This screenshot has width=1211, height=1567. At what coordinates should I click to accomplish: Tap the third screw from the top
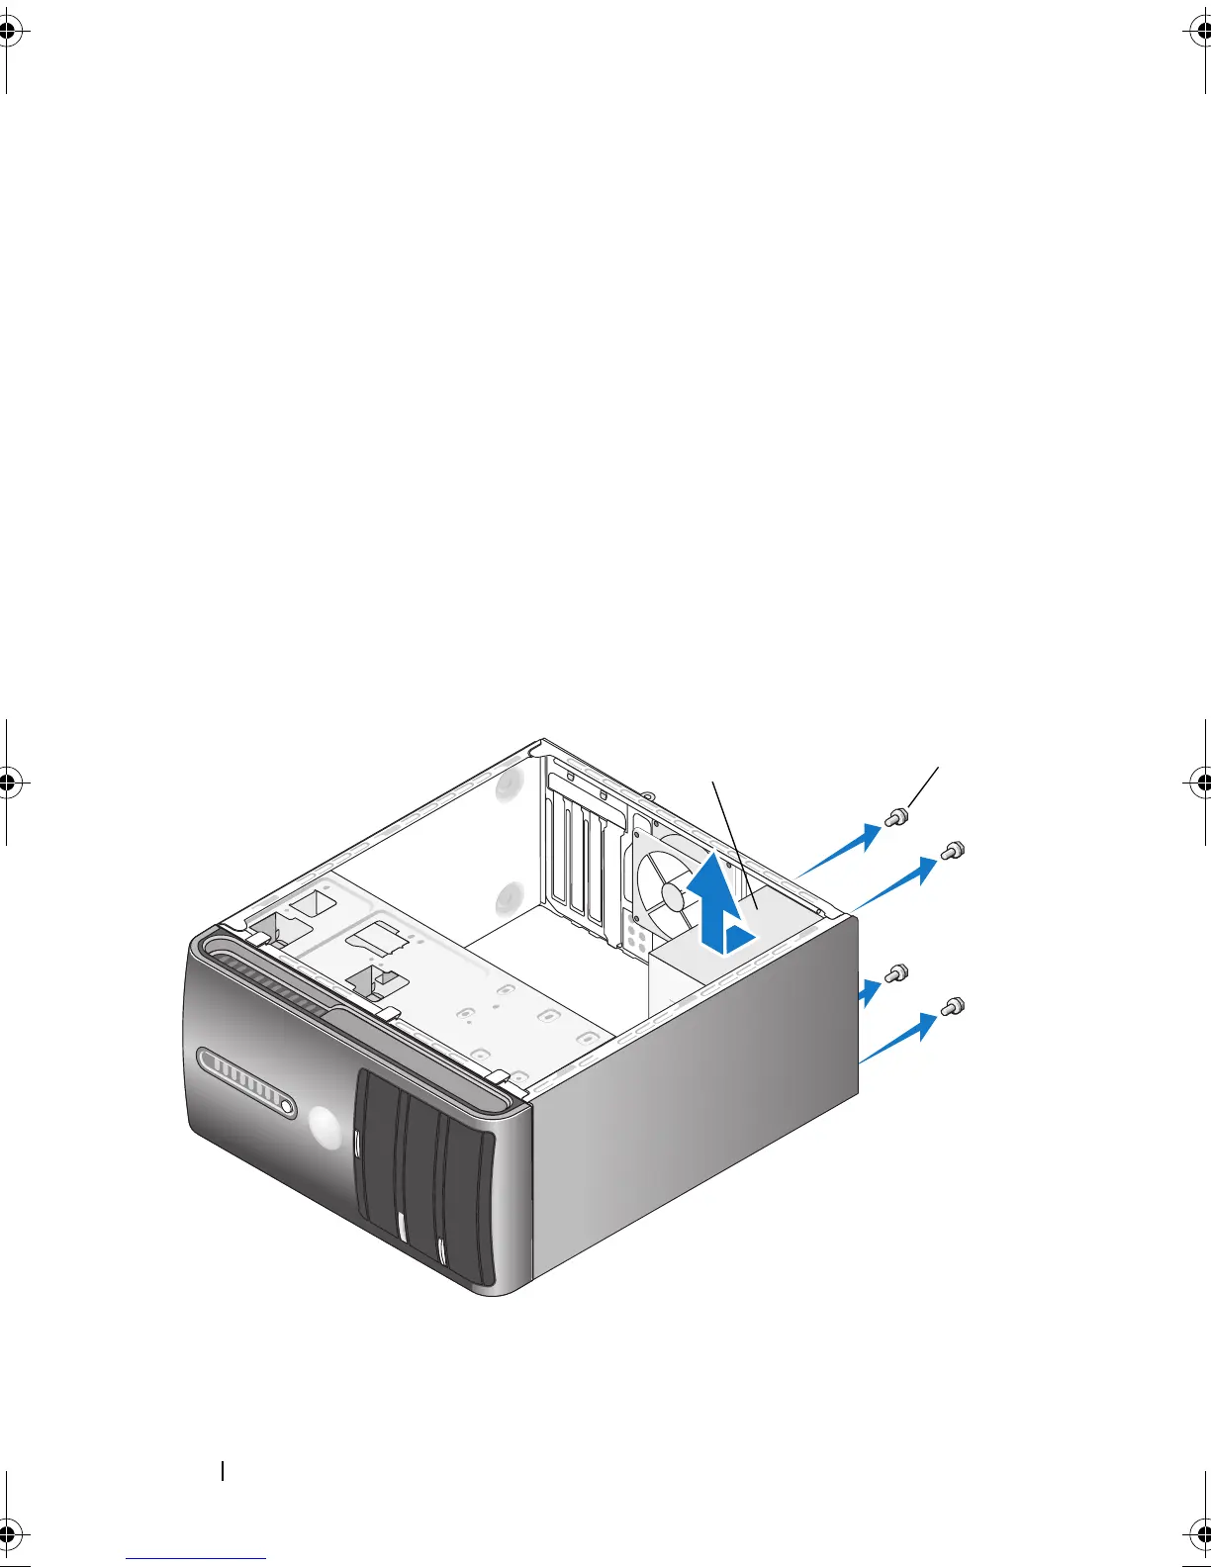[x=895, y=972]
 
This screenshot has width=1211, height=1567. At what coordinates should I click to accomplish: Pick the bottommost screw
[x=952, y=1007]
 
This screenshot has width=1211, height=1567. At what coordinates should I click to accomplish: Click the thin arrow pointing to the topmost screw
[x=839, y=853]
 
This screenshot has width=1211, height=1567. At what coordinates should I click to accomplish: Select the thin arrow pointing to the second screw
[x=894, y=884]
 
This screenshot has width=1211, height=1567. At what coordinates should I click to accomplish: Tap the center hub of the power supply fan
[x=674, y=897]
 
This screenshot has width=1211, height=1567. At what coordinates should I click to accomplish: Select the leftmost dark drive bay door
[x=376, y=1157]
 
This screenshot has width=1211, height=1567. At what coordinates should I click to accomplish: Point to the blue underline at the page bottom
[x=196, y=1559]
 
